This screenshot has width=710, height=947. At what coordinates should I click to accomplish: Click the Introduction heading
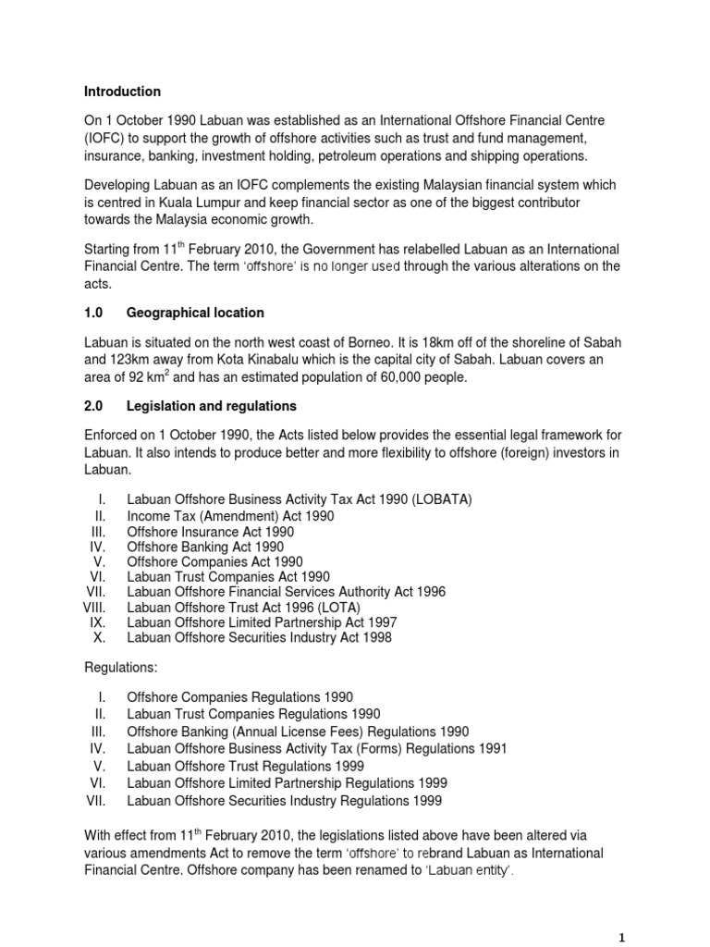pos(122,92)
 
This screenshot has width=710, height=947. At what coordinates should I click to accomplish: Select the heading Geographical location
pos(195,313)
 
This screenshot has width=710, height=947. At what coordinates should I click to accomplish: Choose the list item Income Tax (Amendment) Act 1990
pos(230,516)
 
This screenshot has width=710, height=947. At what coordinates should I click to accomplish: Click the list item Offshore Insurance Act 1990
pos(210,532)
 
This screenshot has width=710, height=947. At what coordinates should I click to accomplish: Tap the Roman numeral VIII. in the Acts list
pos(95,608)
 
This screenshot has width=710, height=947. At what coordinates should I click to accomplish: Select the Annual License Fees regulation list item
pos(298,731)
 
